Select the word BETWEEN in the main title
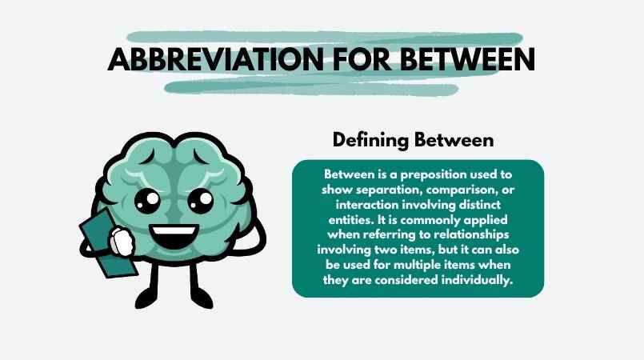coord(464,60)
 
